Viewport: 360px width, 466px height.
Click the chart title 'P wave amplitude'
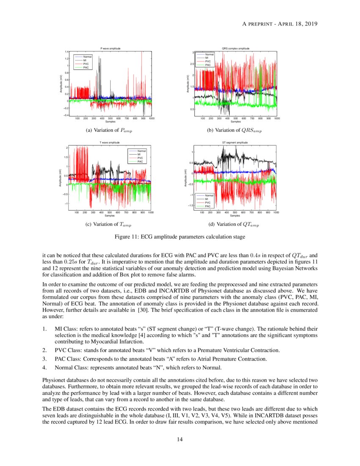111,49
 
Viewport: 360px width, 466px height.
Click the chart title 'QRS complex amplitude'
235,49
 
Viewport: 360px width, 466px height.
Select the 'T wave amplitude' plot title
110,143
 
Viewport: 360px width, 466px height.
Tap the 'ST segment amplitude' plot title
235,143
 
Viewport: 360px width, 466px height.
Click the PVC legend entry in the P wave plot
86,64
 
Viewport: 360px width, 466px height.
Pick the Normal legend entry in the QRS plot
209,54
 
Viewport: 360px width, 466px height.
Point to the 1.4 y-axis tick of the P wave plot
67,52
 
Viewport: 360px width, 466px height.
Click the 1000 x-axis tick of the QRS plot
277,119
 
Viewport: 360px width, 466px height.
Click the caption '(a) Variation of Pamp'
109,130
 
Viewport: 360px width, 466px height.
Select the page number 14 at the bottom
180,439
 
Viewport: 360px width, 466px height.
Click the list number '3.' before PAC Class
45,359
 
